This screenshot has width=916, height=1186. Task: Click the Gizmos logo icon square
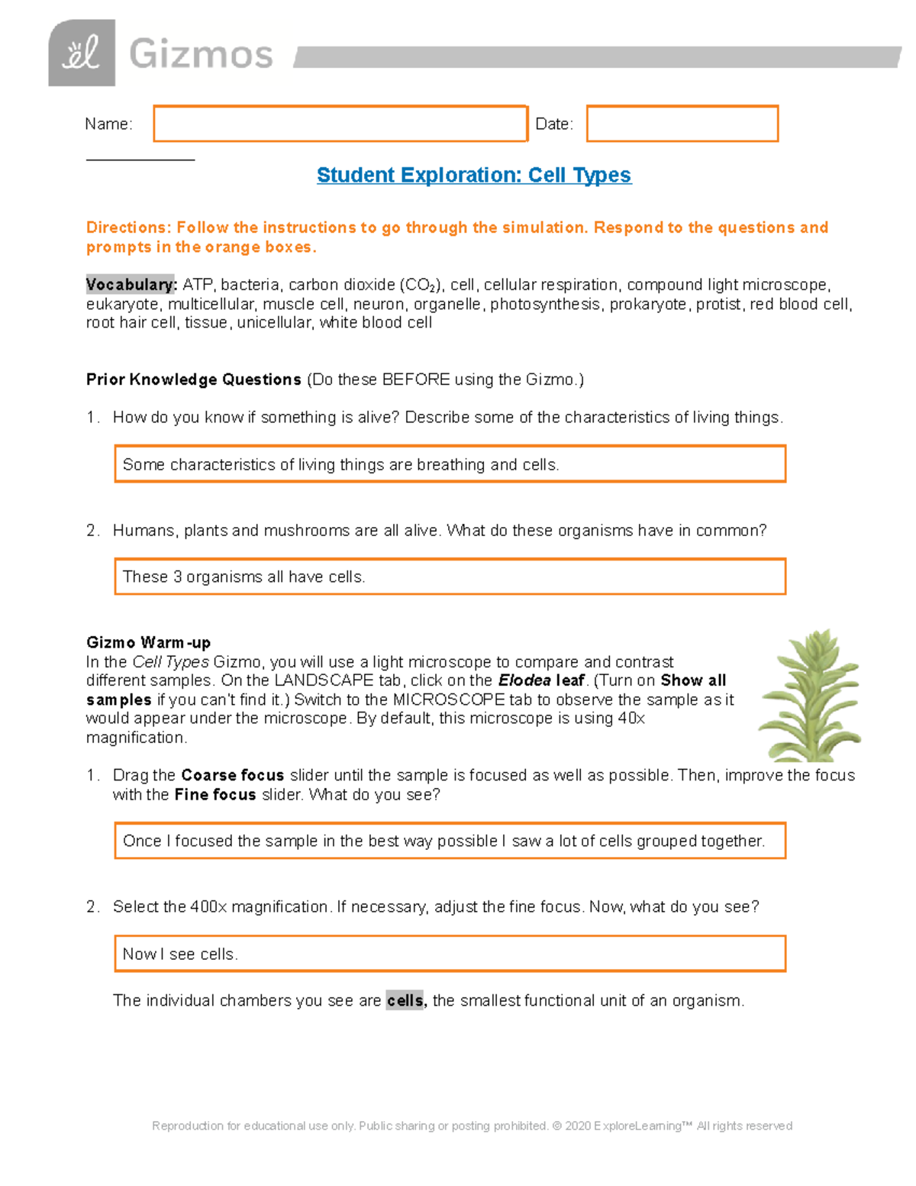[82, 53]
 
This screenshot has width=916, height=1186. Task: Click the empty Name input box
[340, 124]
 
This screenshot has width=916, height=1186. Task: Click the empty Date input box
[682, 124]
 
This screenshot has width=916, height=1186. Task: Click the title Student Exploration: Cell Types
[473, 175]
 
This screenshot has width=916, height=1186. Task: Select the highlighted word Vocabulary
[131, 285]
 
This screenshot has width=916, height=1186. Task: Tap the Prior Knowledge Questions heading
[193, 380]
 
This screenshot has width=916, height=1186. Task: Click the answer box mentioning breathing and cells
[450, 464]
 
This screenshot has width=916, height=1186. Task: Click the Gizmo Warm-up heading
[148, 642]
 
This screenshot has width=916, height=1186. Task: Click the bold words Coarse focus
[232, 775]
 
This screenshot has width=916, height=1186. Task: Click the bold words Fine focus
[214, 794]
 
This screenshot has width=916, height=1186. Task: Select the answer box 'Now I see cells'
[450, 954]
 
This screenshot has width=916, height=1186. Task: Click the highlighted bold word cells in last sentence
[405, 1000]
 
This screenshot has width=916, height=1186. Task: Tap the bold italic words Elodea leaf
[541, 680]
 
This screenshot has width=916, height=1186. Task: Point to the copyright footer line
[472, 1126]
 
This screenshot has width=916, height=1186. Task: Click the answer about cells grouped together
[450, 841]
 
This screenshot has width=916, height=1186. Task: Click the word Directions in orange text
[127, 228]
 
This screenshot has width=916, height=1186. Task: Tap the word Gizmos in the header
[201, 55]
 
